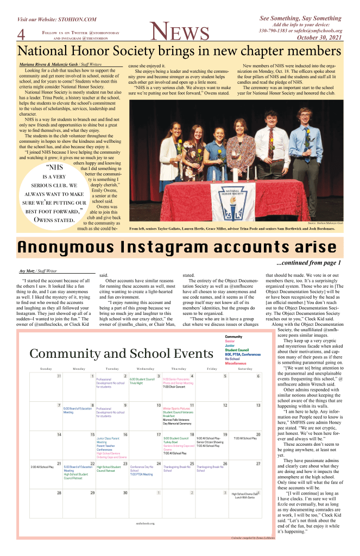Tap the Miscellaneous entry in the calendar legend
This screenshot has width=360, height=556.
pos(236,348)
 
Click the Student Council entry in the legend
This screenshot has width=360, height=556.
pos(237,335)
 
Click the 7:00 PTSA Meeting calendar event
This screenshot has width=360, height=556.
pos(141,474)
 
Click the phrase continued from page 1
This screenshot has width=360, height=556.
pos(312,263)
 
